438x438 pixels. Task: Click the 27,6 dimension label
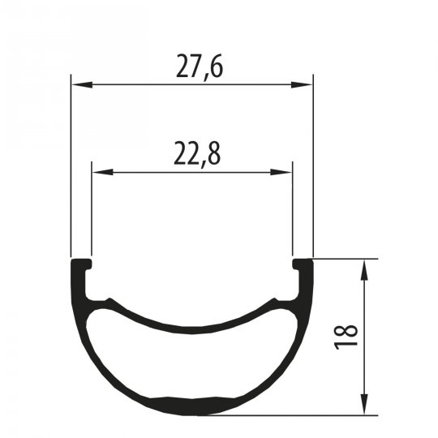(200, 67)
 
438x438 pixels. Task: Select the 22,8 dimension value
(197, 154)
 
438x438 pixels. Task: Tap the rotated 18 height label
(346, 337)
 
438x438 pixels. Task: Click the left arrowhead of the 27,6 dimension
(82, 84)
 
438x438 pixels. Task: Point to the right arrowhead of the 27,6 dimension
(302, 84)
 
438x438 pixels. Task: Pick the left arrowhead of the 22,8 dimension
(102, 172)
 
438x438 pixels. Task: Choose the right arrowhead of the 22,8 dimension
(281, 172)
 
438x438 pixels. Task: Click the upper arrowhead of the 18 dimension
(364, 270)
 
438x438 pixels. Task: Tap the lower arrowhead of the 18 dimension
(364, 404)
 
